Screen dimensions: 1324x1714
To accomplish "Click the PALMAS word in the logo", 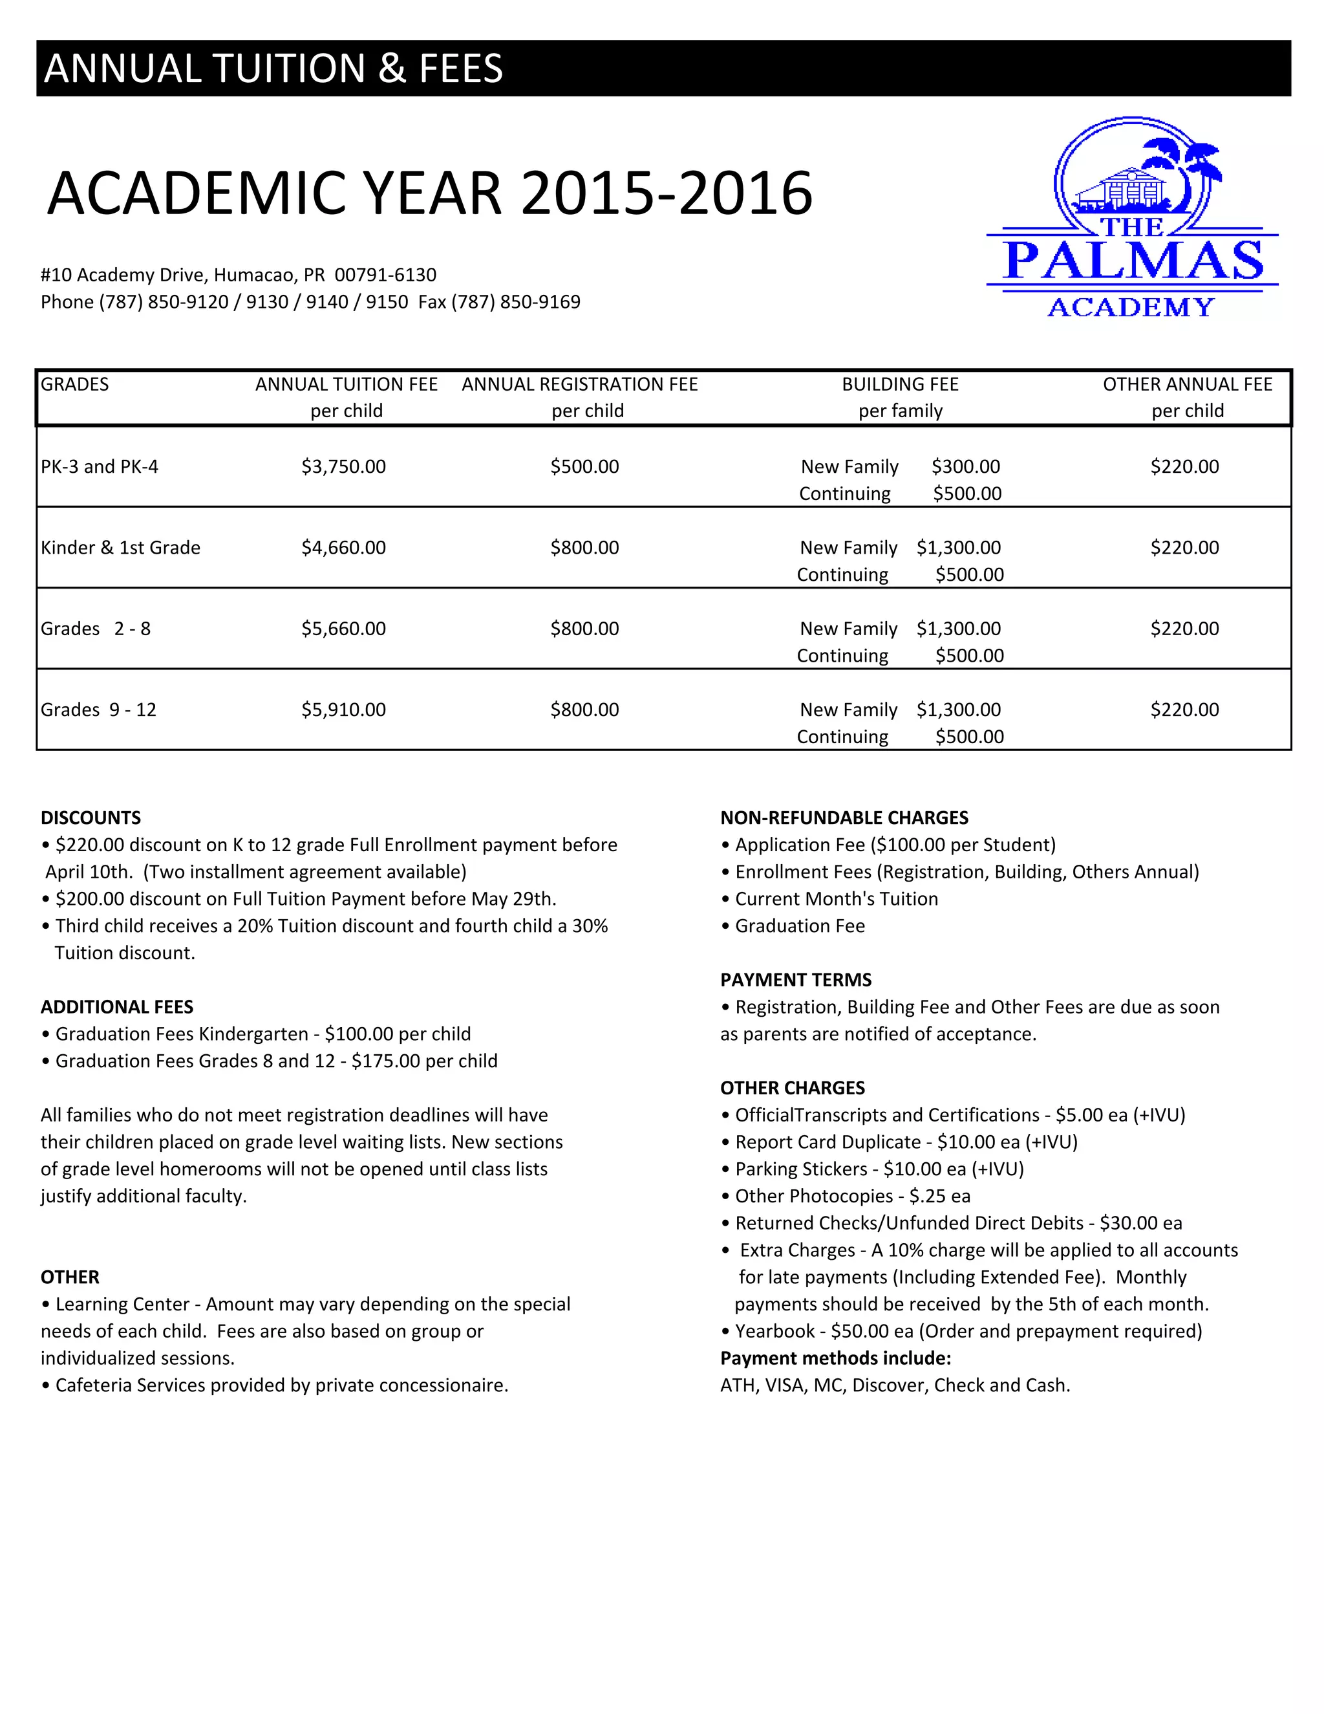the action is point(1133,261).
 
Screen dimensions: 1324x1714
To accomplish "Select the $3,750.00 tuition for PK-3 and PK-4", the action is point(343,466).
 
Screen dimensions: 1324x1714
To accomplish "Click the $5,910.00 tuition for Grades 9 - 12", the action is point(343,710).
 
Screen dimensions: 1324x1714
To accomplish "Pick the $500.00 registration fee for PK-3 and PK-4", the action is point(584,466).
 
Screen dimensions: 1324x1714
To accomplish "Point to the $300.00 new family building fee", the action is point(966,466).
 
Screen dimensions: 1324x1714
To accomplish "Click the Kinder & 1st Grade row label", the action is point(121,548).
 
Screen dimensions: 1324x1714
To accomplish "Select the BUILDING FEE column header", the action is point(900,385).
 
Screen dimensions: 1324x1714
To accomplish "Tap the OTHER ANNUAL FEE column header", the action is point(1187,385).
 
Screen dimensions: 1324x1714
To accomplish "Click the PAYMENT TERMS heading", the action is point(795,980).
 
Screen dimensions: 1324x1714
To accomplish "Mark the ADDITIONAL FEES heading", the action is point(117,1007).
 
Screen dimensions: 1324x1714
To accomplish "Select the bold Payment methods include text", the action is point(835,1358).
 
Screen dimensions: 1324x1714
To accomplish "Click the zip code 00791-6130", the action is point(385,276).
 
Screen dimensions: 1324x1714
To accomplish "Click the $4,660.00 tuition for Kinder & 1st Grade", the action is point(343,548).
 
